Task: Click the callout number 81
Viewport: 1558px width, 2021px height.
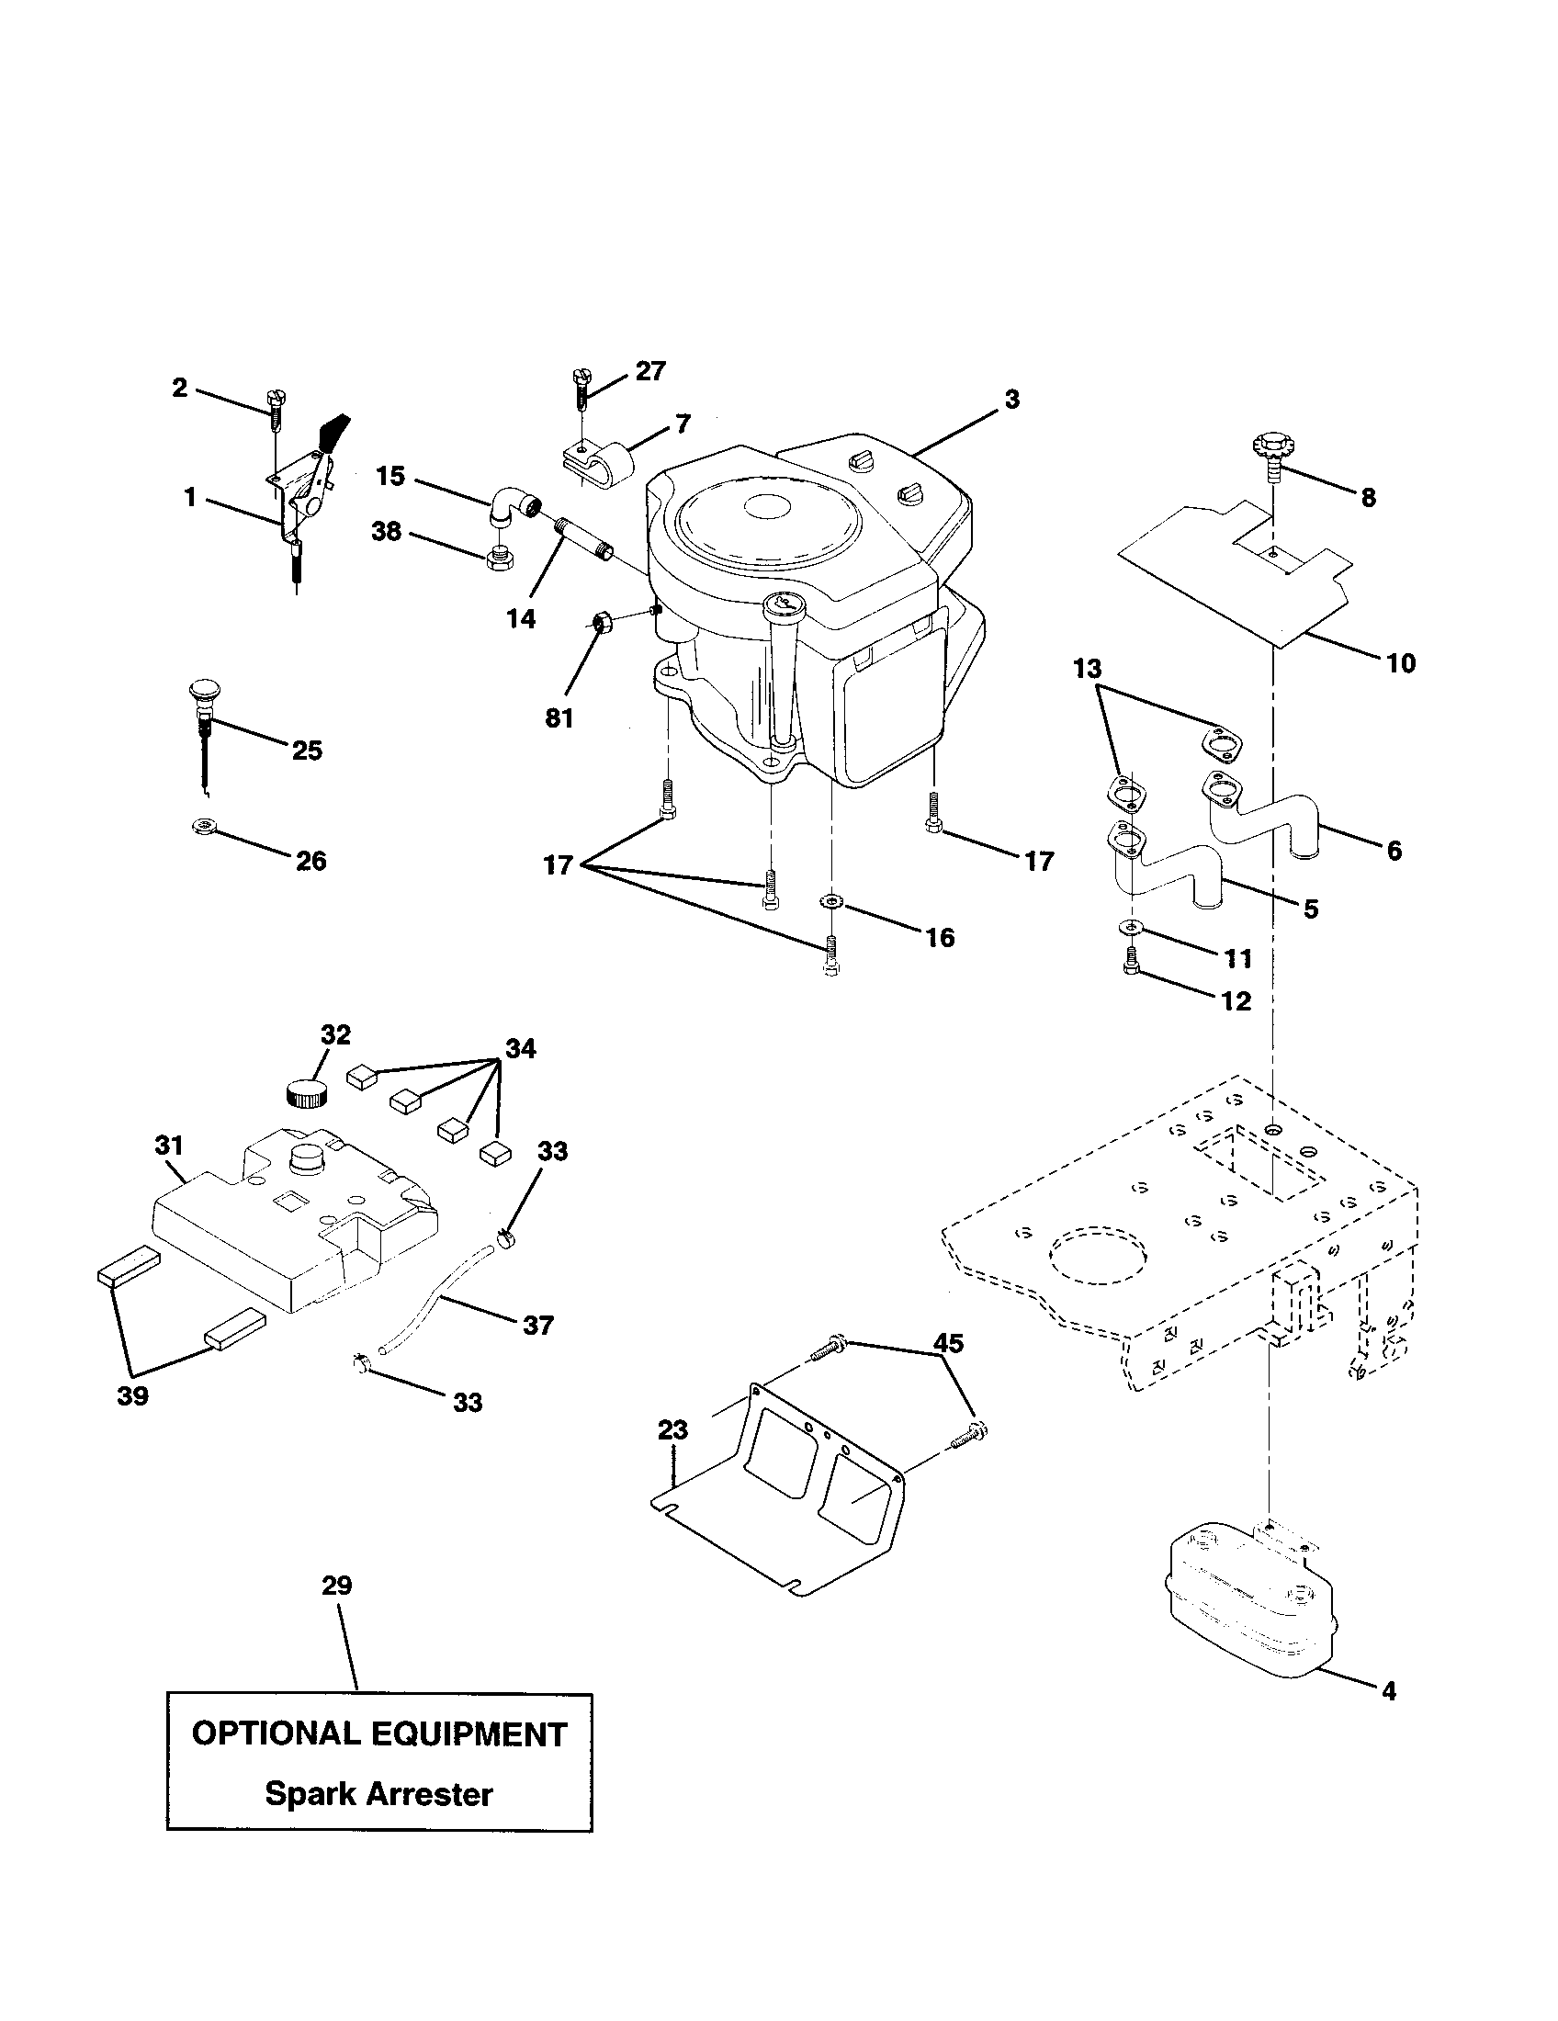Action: pyautogui.click(x=559, y=717)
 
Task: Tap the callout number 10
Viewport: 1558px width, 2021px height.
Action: pyautogui.click(x=1401, y=662)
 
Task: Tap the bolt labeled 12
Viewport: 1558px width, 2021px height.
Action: pyautogui.click(x=1129, y=966)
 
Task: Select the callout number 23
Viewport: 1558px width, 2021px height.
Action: pyautogui.click(x=672, y=1429)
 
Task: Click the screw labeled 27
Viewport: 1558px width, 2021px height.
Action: pyautogui.click(x=581, y=389)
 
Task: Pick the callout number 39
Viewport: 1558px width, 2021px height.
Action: pyautogui.click(x=133, y=1395)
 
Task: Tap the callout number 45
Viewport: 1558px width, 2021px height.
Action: pyautogui.click(x=948, y=1343)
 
